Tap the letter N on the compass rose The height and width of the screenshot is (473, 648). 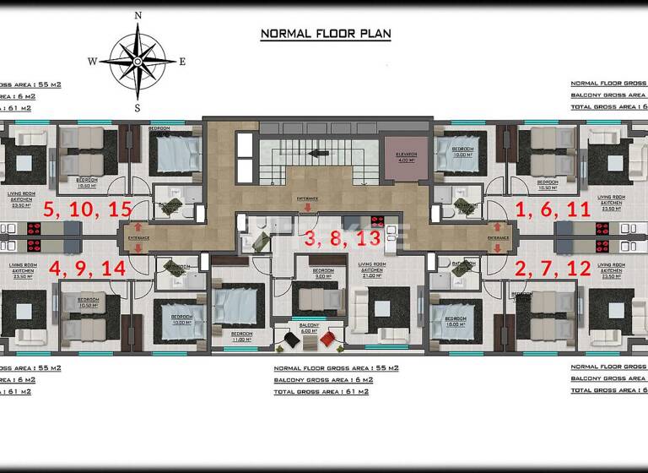tap(138, 15)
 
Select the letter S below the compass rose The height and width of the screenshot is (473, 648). tap(138, 107)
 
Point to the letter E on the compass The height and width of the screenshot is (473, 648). tap(182, 61)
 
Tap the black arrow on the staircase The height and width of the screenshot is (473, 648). tap(319, 153)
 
